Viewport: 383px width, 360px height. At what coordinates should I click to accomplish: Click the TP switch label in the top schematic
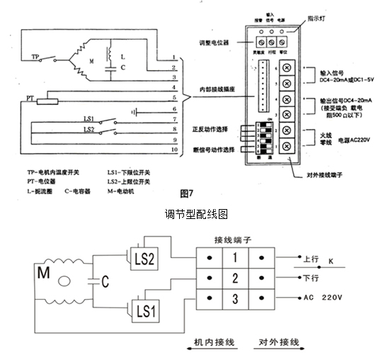coord(35,54)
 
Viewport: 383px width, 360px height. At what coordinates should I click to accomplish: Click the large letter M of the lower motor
coord(44,272)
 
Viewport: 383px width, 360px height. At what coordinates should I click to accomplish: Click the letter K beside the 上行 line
coord(331,261)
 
